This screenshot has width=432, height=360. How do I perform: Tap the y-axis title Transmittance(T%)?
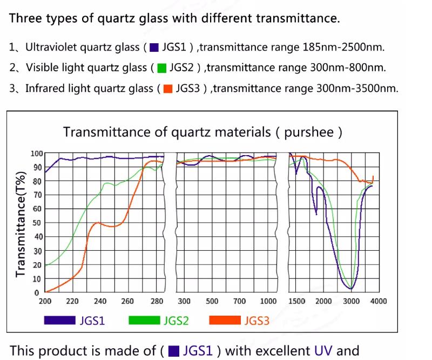(x=21, y=223)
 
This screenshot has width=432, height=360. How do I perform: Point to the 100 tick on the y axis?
(x=36, y=154)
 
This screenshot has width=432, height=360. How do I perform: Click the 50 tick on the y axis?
(x=37, y=223)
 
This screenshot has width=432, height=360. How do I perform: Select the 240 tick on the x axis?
(x=100, y=302)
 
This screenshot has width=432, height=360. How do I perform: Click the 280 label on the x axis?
(x=156, y=302)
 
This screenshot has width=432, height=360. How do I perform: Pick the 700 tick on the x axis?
(x=239, y=302)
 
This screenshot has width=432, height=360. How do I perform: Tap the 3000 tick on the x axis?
(x=352, y=302)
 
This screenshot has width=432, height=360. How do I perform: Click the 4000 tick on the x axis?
(x=379, y=302)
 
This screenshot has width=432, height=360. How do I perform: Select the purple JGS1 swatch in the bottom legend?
(x=59, y=320)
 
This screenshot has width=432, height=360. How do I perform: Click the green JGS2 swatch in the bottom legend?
(x=144, y=320)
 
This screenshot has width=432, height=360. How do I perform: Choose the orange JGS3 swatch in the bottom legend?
(x=224, y=320)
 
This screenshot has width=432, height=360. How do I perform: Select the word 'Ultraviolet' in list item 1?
(x=50, y=47)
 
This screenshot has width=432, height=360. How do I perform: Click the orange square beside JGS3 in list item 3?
(x=167, y=89)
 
